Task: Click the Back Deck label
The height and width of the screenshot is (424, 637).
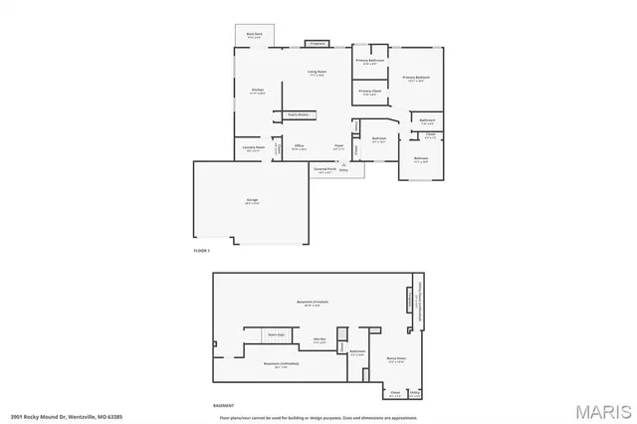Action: (x=254, y=34)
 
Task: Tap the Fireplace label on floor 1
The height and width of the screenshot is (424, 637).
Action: (x=317, y=44)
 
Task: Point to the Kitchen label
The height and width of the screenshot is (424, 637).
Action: (x=256, y=90)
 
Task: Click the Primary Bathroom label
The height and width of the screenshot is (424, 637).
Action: (x=370, y=61)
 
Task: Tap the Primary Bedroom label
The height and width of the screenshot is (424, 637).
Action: (x=416, y=77)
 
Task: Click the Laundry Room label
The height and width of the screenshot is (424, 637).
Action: (x=253, y=147)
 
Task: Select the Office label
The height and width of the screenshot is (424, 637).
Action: (x=299, y=145)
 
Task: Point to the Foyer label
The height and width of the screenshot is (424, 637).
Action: (x=338, y=145)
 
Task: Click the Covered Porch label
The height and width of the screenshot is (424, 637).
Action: (x=324, y=169)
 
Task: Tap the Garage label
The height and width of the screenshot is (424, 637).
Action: (x=252, y=201)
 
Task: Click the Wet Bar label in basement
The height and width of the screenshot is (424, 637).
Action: (x=321, y=340)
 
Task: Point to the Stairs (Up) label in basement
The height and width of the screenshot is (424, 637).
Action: (x=276, y=334)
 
